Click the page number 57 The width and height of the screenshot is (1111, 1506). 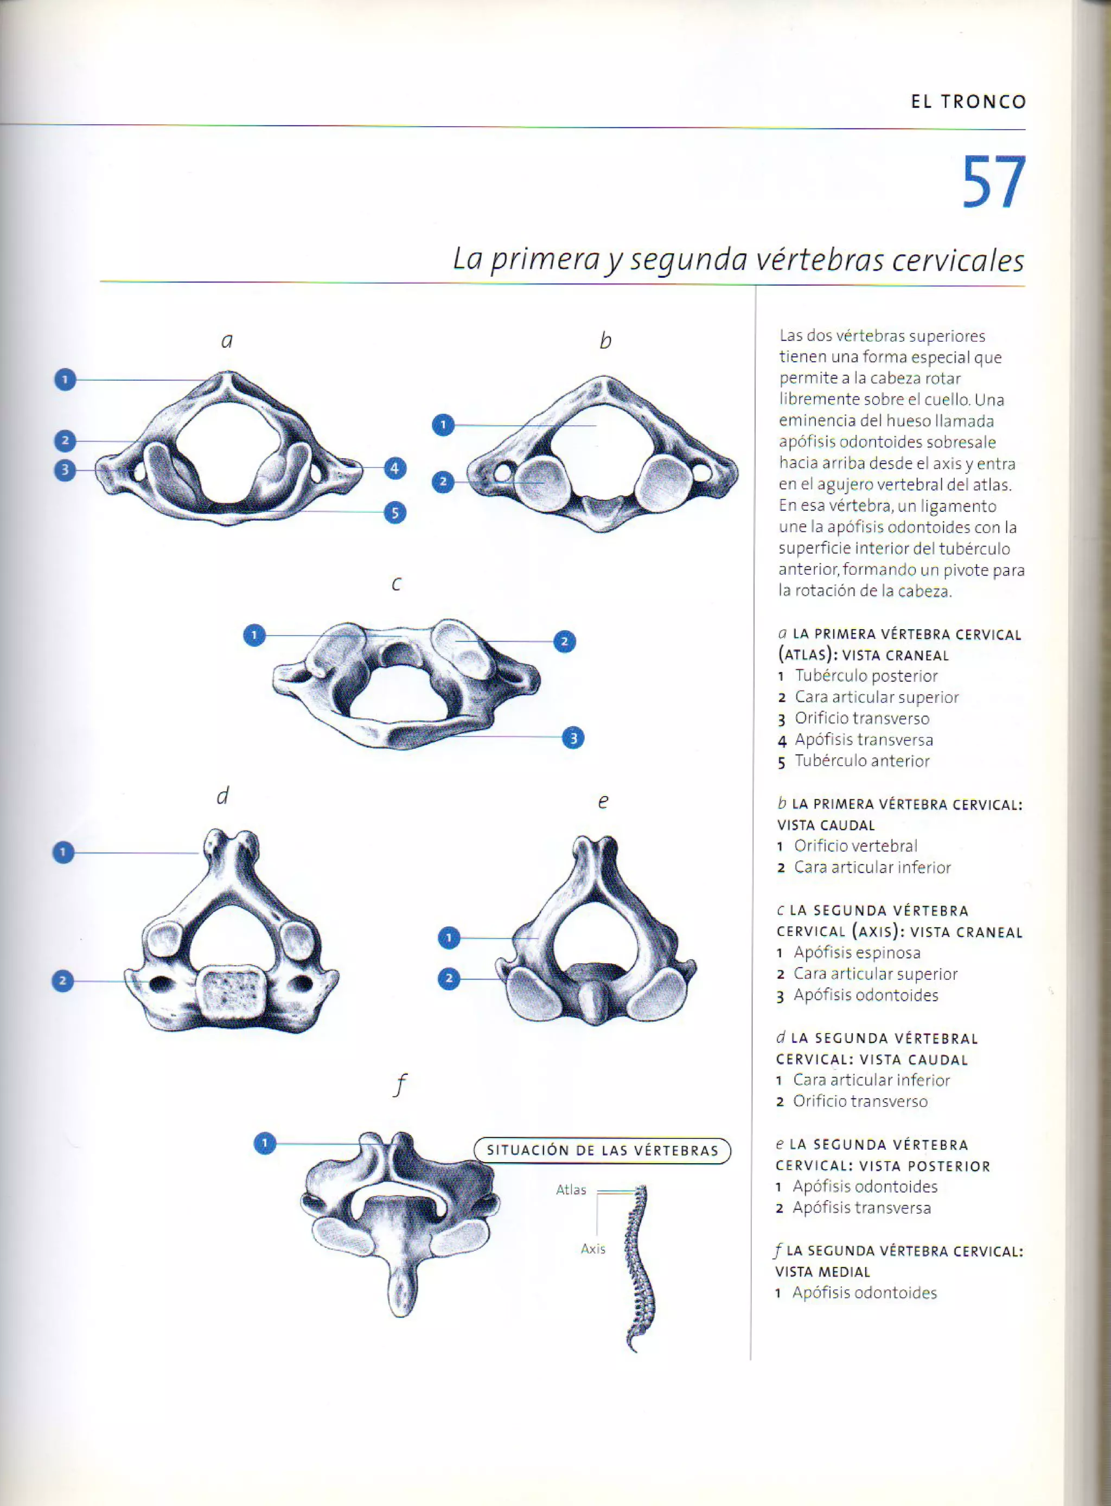pos(993,182)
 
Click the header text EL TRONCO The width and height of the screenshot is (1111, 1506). pos(968,102)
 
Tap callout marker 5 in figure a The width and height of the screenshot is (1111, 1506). pos(395,513)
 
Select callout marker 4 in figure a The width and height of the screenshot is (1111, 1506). pos(395,468)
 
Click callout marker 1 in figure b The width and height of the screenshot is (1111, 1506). pos(443,425)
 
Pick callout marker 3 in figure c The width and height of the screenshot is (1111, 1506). pos(573,738)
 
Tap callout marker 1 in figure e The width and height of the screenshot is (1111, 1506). pos(449,937)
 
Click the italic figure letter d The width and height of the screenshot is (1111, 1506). pos(222,796)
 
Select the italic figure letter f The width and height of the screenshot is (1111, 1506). pos(400,1084)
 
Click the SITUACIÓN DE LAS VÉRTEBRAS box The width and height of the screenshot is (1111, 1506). pos(602,1150)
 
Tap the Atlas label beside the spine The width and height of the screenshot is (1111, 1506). pos(571,1190)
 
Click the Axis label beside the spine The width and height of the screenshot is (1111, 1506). pos(592,1248)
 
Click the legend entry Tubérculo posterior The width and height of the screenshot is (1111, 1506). pos(866,676)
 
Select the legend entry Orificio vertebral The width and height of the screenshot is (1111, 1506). pos(855,846)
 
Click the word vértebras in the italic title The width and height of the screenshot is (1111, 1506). pos(819,260)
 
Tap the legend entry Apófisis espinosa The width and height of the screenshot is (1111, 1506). pos(857,953)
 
